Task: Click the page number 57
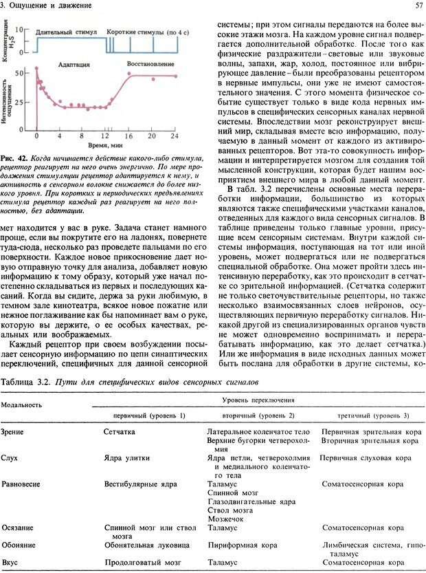[418, 6]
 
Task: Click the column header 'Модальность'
[21, 405]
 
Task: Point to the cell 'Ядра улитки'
[125, 457]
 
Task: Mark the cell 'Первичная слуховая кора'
[366, 457]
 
